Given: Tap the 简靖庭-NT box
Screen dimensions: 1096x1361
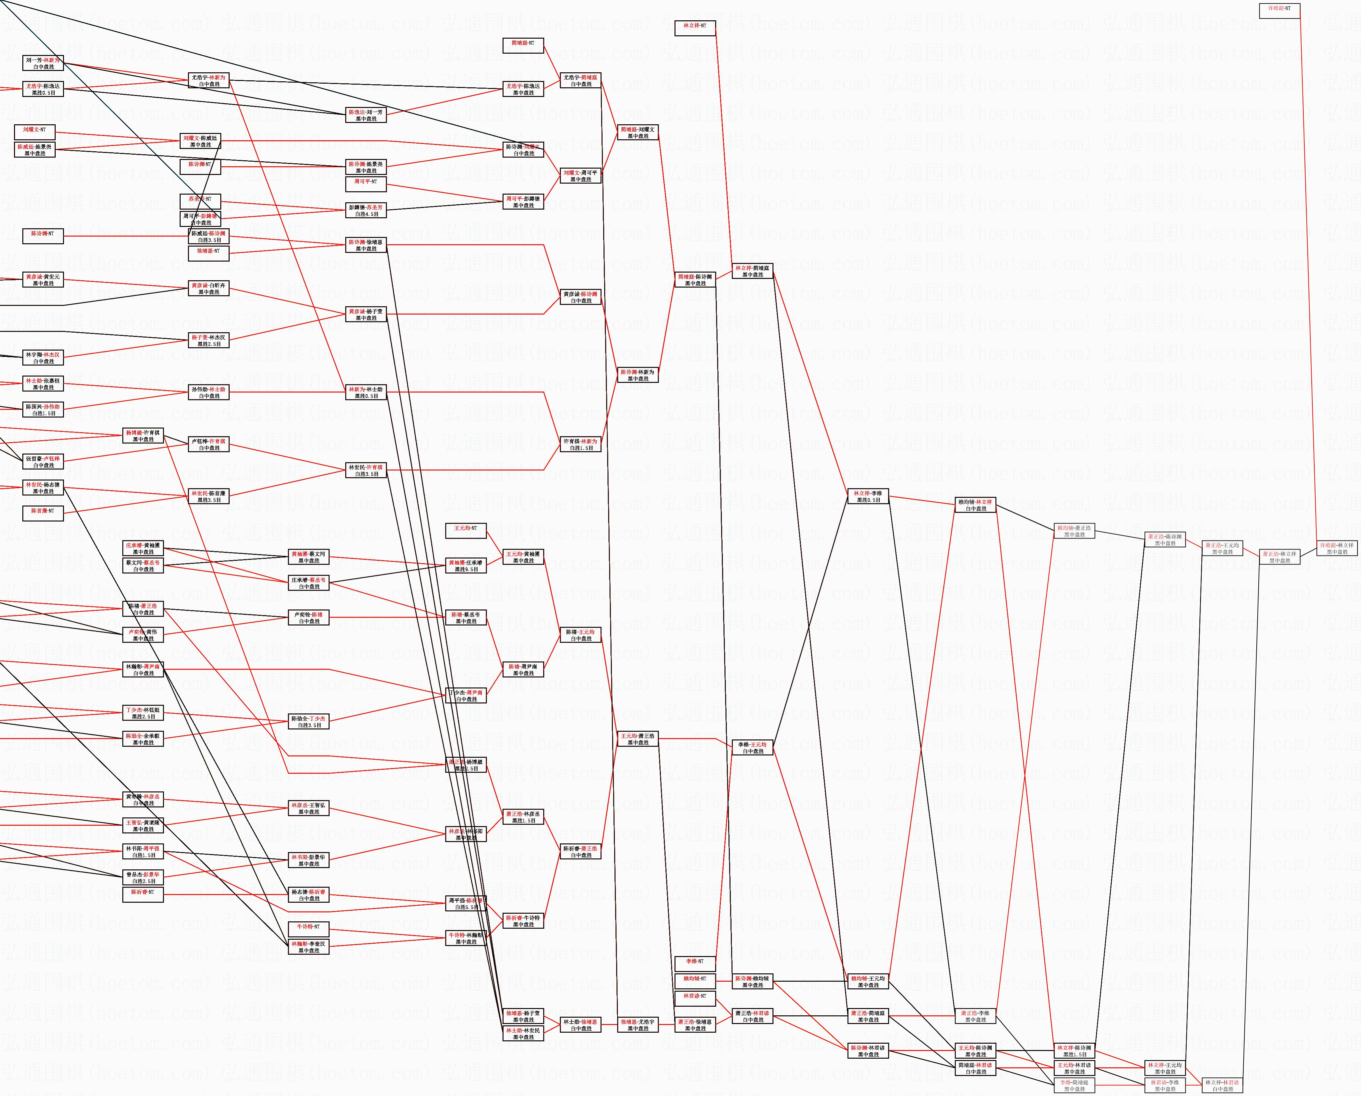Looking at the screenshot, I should pyautogui.click(x=523, y=45).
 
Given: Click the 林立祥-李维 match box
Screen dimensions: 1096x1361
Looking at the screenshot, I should pyautogui.click(x=868, y=496).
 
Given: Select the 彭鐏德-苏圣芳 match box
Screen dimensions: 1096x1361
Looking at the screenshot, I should pyautogui.click(x=366, y=210).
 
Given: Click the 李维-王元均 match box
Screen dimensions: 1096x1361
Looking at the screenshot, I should pyautogui.click(x=752, y=747).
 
